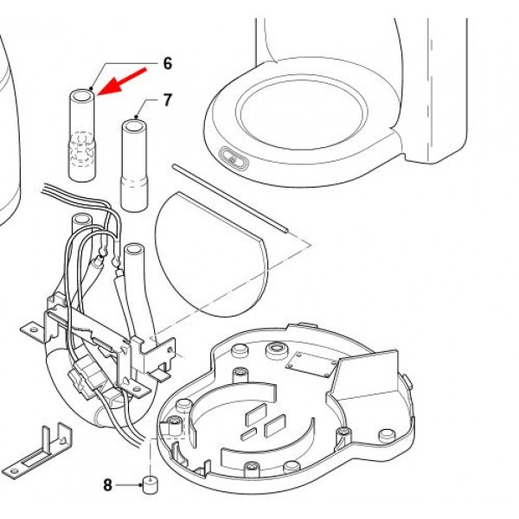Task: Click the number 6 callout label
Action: coord(168,63)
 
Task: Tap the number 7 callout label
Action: coord(167,100)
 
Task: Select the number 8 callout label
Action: coord(108,485)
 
